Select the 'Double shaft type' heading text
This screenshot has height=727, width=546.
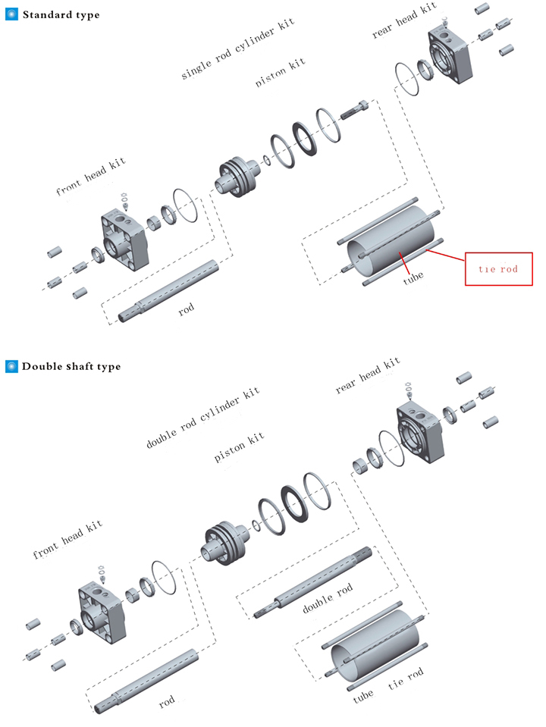point(71,366)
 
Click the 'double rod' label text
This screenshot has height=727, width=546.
point(328,599)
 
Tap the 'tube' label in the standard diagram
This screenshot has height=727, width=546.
point(413,276)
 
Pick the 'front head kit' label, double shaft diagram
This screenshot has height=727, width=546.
point(67,541)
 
